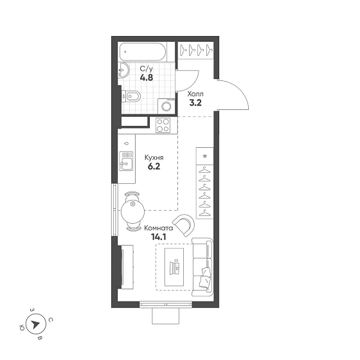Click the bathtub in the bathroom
pos(142,51)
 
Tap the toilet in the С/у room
pos(130,96)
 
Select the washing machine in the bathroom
pos(166,106)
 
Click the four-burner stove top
pos(163,125)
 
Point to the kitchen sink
pos(126,161)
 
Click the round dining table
pos(132,212)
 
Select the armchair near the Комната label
pos(184,225)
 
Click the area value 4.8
pos(147,78)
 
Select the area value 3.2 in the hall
pos(195,103)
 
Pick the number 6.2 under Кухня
pos(154,166)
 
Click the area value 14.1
pos(158,237)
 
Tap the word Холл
pos(195,94)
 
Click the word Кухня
pos(154,157)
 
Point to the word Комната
pos(158,228)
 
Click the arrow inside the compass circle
pos(35,325)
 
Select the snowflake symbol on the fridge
pos(204,156)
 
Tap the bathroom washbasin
pos(124,70)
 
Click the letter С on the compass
pos(51,320)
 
